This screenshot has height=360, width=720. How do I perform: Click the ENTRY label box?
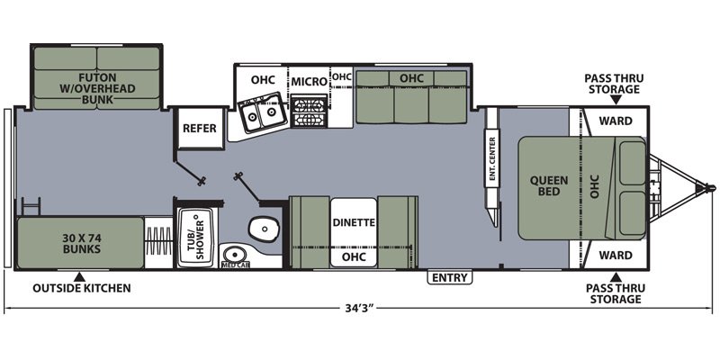450,277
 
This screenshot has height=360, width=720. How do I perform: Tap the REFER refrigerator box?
200,128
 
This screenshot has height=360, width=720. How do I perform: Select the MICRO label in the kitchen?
309,82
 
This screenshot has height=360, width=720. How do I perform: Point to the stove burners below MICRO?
309,112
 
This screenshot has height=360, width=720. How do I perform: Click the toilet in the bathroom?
264,228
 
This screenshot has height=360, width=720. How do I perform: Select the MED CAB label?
235,265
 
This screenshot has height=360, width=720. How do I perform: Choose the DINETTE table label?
354,222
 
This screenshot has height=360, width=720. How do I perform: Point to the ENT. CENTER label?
491,158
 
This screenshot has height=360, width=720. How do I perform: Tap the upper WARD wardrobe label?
616,121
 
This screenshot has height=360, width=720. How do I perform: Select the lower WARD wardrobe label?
616,255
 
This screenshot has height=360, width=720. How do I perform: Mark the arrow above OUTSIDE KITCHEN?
79,277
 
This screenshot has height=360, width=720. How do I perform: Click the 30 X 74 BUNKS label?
81,244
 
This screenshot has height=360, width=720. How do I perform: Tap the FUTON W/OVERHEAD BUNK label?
97,88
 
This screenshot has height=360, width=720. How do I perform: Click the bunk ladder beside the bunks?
31,206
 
